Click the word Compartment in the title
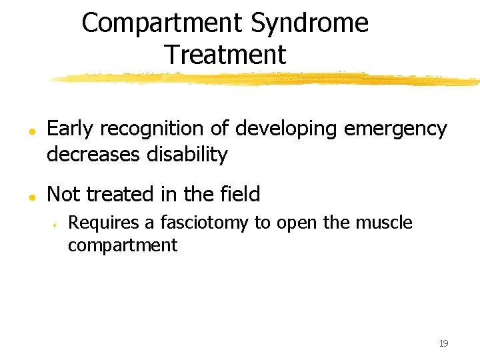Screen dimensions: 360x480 click(162, 23)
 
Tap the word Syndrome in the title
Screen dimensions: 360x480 click(309, 23)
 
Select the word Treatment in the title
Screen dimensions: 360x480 click(225, 55)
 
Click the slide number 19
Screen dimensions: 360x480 click(443, 343)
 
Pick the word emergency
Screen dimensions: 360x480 click(395, 129)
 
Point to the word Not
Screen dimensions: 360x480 click(64, 194)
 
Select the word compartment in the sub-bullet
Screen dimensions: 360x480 click(123, 245)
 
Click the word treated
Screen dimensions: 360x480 click(126, 194)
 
